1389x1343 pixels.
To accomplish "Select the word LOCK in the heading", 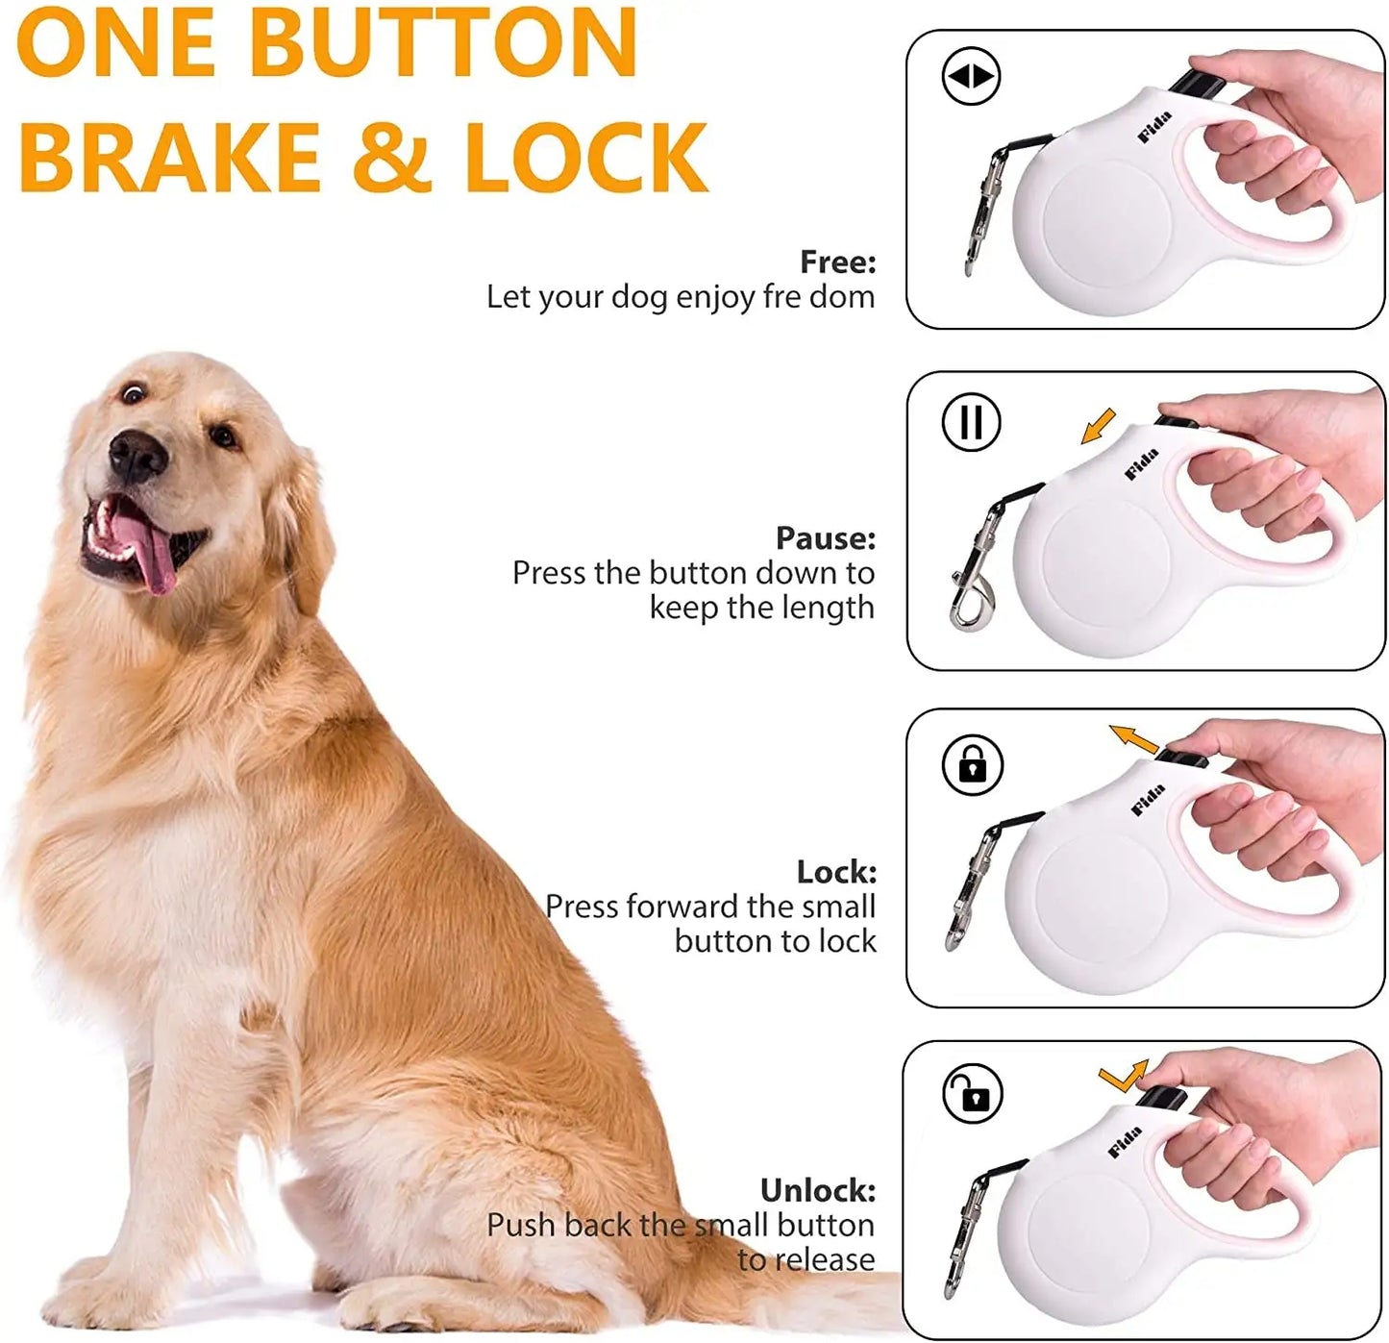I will [586, 157].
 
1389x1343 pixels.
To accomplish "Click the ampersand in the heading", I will [391, 157].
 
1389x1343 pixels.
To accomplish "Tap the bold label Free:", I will [837, 261].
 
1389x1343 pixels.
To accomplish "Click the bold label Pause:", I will [826, 537].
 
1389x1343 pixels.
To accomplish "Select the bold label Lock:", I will [836, 872].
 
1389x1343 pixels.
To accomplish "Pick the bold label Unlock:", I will [818, 1190].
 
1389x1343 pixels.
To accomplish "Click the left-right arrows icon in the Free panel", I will [971, 76].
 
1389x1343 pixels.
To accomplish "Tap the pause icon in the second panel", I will [971, 422].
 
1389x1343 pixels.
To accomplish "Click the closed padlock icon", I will [973, 765].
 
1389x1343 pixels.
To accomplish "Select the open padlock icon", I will [973, 1094].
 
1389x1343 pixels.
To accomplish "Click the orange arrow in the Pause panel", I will [1098, 426].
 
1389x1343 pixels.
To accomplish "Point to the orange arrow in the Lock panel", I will [1134, 739].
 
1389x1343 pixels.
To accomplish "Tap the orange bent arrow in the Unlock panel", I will [1124, 1076].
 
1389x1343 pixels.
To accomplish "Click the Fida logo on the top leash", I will [1154, 127].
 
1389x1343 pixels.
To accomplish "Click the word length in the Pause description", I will [828, 608].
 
